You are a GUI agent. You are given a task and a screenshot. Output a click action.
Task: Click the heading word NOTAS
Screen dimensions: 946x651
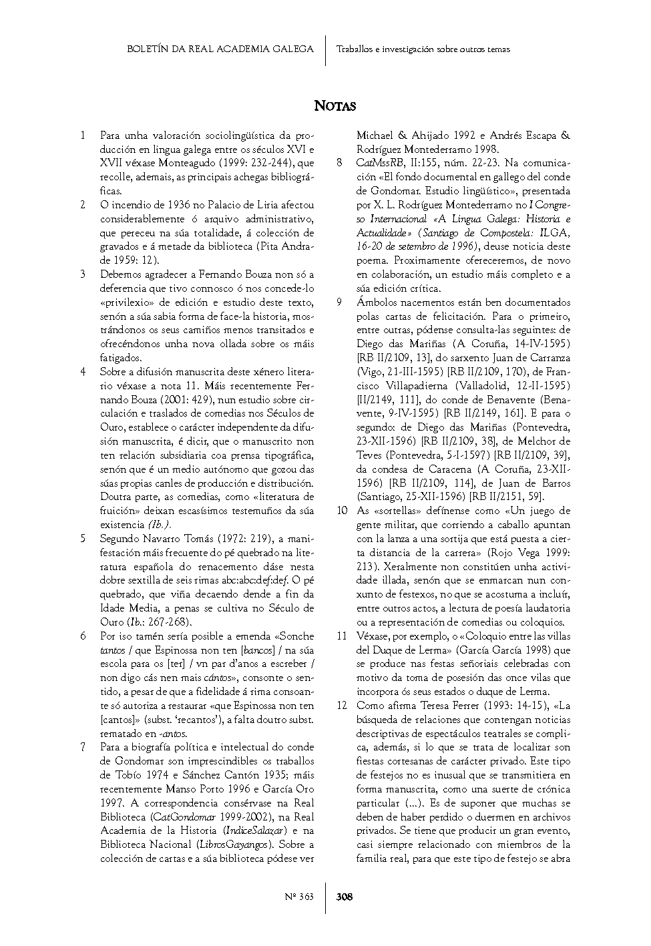click(x=335, y=106)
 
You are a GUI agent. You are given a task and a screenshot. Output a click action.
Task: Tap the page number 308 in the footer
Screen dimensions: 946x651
click(x=345, y=897)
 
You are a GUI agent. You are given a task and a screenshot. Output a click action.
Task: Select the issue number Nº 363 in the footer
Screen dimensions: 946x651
click(x=299, y=897)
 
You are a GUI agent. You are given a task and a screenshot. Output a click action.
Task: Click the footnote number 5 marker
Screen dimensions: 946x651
click(x=83, y=539)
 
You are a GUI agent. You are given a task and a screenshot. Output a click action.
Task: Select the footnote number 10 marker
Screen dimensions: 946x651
click(x=342, y=511)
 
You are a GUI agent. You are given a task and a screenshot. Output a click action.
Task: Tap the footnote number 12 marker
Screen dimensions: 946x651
click(x=342, y=706)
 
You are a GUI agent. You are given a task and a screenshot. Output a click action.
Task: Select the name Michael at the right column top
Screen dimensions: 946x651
click(x=375, y=136)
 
